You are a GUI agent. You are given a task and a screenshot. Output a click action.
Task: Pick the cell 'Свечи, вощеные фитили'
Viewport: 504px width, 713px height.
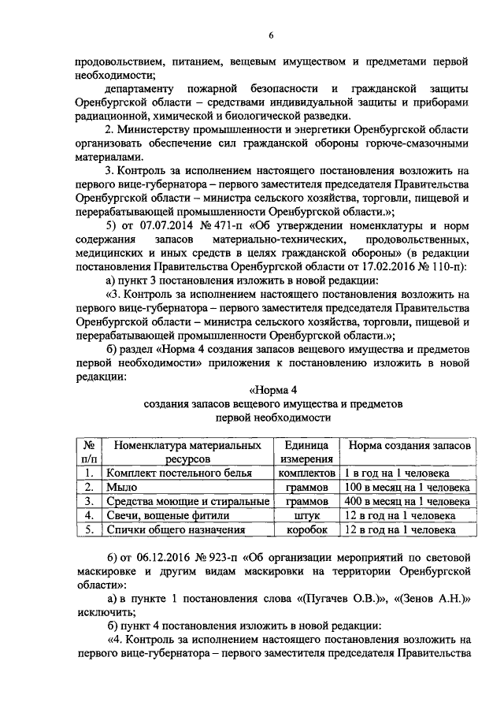[x=168, y=516]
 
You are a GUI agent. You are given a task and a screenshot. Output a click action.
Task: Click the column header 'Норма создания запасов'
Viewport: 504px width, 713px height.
[x=409, y=446]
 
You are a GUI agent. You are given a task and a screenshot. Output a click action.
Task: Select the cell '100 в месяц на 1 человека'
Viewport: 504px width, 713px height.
[x=407, y=488]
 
